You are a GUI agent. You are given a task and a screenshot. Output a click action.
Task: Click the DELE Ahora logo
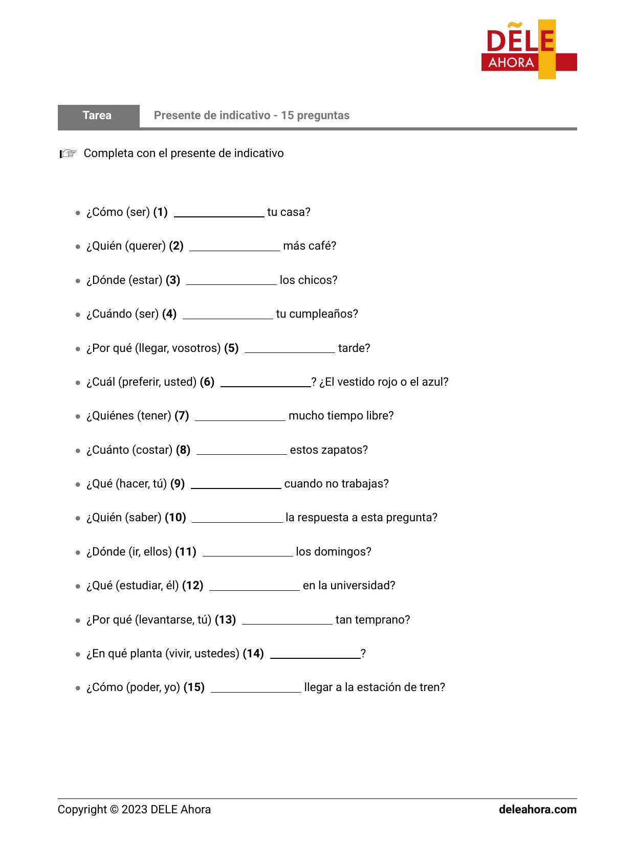click(529, 50)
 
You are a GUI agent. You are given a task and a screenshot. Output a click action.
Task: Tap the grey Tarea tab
click(98, 116)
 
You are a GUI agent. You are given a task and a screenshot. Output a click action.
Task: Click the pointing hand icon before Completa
click(68, 153)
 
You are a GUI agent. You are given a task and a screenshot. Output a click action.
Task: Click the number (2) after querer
click(176, 246)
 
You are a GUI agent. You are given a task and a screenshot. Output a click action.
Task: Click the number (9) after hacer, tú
click(178, 484)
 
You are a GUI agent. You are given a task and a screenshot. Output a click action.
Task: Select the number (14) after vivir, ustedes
click(253, 654)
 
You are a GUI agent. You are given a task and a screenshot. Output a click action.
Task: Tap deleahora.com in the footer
click(537, 810)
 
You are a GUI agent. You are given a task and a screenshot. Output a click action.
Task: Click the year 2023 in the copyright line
click(135, 810)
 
